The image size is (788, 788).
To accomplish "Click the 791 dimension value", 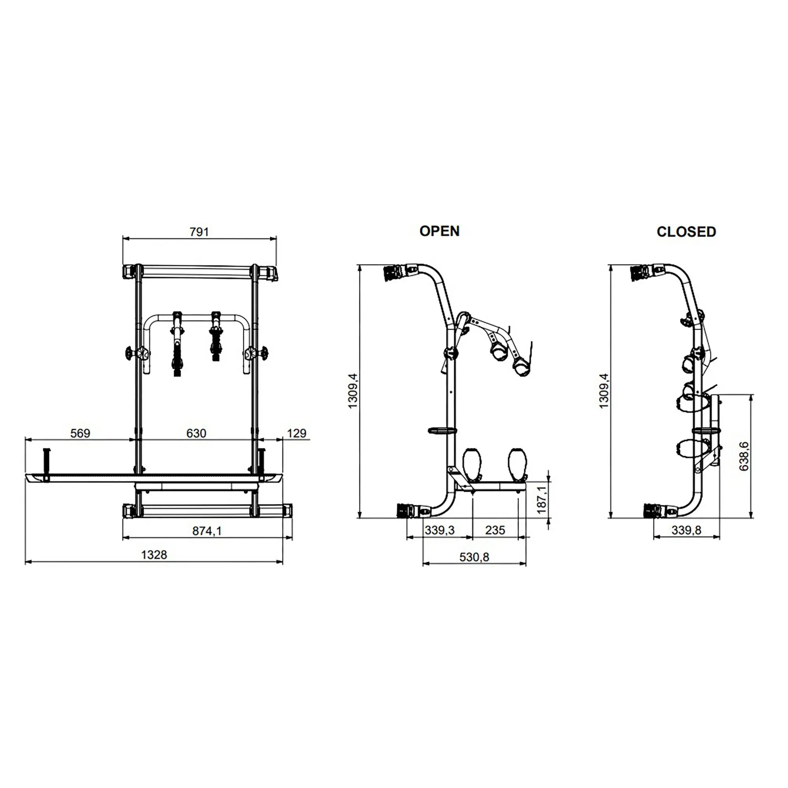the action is (x=199, y=232).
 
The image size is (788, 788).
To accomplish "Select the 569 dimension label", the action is (x=80, y=433).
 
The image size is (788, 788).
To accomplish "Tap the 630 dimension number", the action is (x=196, y=433).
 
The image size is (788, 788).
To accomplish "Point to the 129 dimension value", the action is (x=297, y=433).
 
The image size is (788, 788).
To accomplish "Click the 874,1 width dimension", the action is (x=207, y=531).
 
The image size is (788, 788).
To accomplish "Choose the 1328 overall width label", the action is (x=154, y=555).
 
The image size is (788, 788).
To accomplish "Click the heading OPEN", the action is (x=440, y=231).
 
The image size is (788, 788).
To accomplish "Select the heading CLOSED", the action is (x=686, y=232).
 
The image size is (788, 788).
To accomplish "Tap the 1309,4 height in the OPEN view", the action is (x=353, y=390).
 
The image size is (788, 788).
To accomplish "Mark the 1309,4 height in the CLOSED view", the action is (x=604, y=390).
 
